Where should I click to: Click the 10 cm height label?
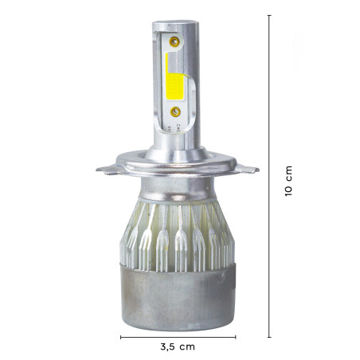point(289,182)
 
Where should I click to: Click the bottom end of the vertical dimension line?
point(269,337)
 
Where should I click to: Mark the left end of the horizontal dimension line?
point(121,338)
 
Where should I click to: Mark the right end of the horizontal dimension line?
point(236,338)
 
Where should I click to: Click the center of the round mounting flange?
point(178,166)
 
